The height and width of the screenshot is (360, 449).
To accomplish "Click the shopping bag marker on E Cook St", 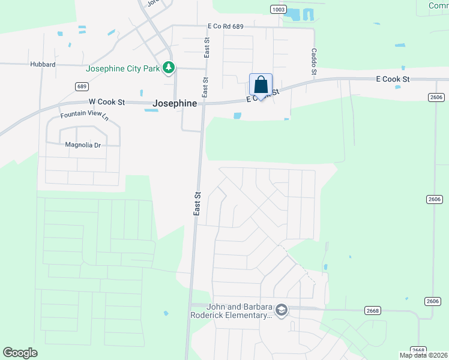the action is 261,85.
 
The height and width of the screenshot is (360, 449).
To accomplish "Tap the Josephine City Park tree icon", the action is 170,68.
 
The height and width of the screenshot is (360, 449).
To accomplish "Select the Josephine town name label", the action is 175,103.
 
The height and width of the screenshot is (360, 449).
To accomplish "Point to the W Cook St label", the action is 106,102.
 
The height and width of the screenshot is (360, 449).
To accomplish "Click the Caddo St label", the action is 313,62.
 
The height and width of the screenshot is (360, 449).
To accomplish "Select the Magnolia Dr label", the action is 83,145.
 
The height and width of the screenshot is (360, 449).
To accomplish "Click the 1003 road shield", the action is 278,9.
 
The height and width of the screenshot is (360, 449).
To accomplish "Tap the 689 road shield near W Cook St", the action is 82,86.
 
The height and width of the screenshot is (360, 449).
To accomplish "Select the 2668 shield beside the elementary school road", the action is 372,310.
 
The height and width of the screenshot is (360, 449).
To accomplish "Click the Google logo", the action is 20,353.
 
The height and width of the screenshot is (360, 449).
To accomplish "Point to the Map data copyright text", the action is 424,355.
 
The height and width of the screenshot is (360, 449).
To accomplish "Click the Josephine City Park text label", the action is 122,68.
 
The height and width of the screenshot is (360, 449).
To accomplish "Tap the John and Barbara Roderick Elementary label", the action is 231,311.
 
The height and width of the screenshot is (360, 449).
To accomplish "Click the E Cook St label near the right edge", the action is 393,79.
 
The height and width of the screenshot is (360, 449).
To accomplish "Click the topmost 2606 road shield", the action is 436,97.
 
